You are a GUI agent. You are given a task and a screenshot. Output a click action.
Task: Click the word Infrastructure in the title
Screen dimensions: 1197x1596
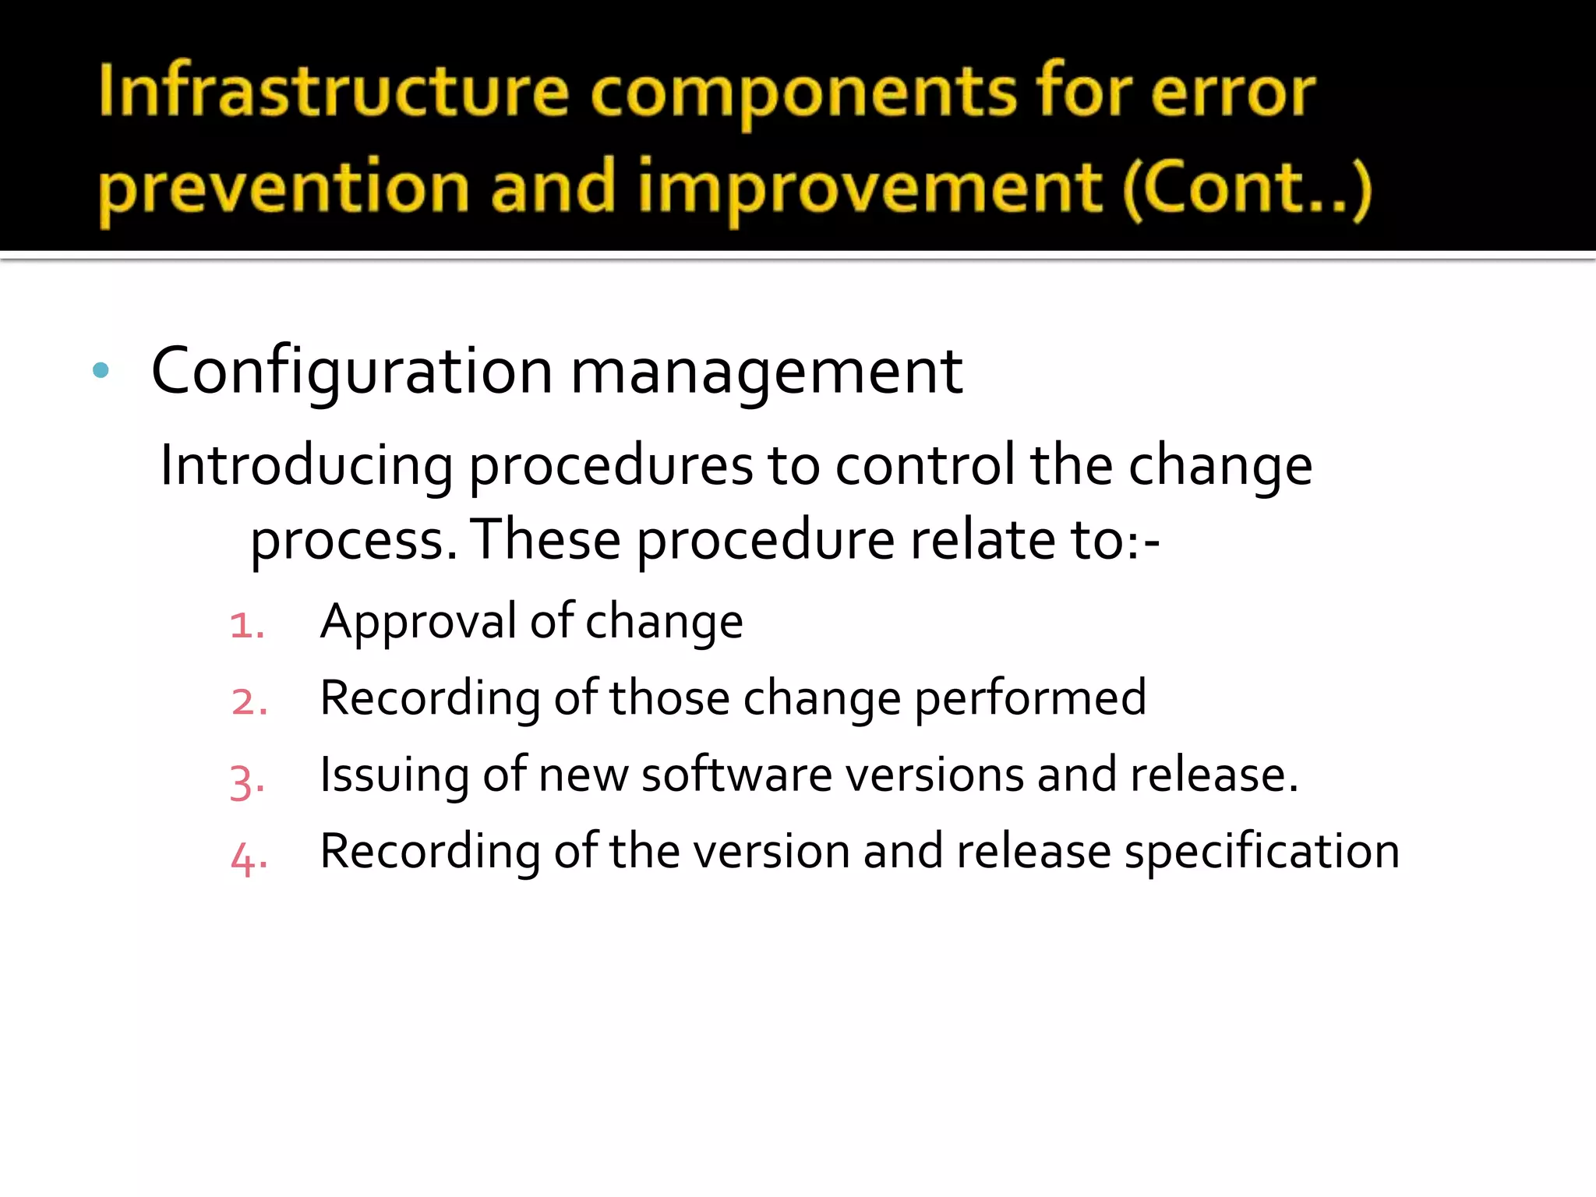[x=334, y=92]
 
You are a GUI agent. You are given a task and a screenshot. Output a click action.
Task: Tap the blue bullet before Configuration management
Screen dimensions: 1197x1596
[x=101, y=370]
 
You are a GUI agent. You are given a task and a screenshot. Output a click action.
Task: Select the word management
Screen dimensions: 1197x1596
[x=767, y=372]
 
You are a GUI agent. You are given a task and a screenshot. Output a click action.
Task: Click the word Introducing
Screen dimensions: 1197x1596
[x=306, y=465]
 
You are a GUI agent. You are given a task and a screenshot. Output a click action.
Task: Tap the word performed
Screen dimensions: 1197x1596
[x=1029, y=698]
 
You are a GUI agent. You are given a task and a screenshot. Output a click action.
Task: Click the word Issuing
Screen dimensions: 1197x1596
[x=394, y=775]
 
